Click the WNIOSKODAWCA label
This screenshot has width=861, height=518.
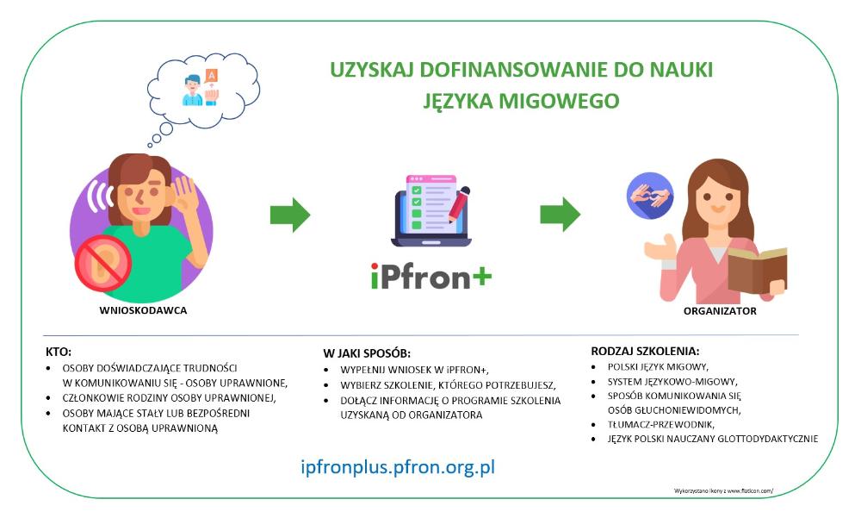(143, 310)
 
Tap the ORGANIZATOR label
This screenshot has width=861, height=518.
(720, 310)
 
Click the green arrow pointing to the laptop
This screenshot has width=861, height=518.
(290, 215)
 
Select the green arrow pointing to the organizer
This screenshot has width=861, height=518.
(561, 215)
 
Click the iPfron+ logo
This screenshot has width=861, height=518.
(431, 276)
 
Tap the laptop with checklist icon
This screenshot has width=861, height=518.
(431, 210)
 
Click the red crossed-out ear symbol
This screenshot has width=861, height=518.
(103, 263)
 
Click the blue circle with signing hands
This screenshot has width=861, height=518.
(650, 195)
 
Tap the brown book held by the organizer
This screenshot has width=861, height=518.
(757, 270)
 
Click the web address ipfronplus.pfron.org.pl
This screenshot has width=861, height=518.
(398, 467)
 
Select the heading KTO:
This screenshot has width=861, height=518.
(59, 352)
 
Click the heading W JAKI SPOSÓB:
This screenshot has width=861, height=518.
(367, 353)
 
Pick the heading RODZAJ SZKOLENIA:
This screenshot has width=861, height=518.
(645, 351)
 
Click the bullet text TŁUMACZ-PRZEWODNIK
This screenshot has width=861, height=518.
(660, 425)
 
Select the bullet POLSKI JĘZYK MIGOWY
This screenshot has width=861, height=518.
(658, 367)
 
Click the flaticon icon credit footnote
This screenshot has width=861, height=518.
(723, 490)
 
